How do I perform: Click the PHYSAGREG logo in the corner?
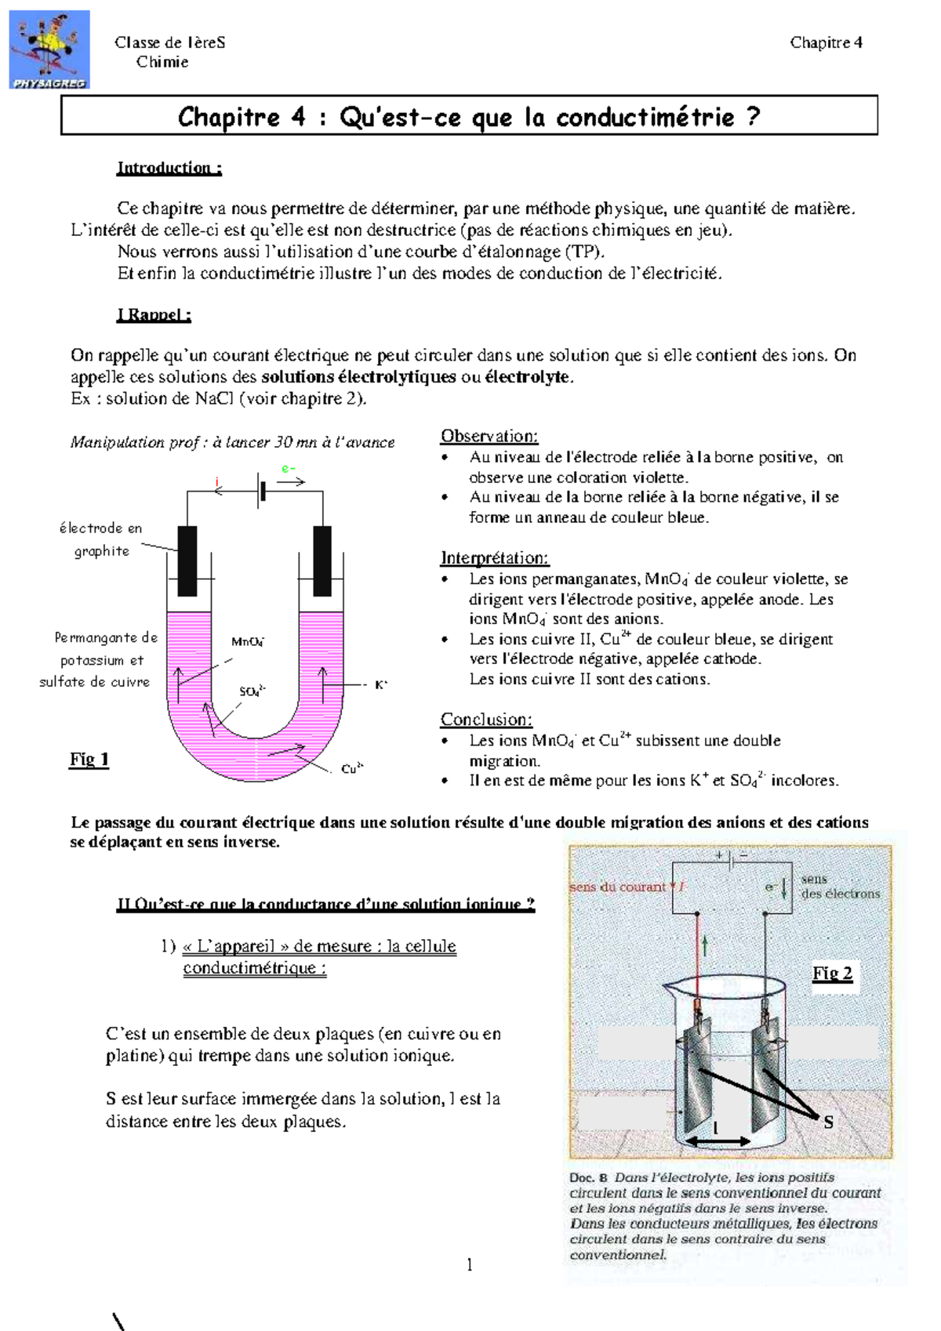click(49, 49)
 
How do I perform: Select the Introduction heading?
click(169, 168)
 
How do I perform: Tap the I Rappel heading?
click(154, 315)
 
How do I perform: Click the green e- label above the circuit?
click(289, 469)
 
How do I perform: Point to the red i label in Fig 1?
click(217, 481)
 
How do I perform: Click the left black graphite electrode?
click(187, 560)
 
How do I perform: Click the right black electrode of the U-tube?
click(322, 560)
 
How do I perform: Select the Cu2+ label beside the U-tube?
click(352, 769)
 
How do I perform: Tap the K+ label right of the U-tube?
click(381, 684)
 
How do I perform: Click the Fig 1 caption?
click(89, 759)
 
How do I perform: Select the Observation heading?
click(489, 436)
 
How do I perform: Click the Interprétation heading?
click(494, 558)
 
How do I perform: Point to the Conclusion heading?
click(486, 720)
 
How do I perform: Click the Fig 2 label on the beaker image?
click(833, 974)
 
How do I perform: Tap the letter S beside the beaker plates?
click(828, 1122)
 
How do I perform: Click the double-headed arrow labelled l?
click(718, 1141)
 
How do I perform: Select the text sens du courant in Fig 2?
click(618, 887)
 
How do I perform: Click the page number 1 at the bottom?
click(469, 1264)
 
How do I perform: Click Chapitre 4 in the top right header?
click(826, 42)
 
